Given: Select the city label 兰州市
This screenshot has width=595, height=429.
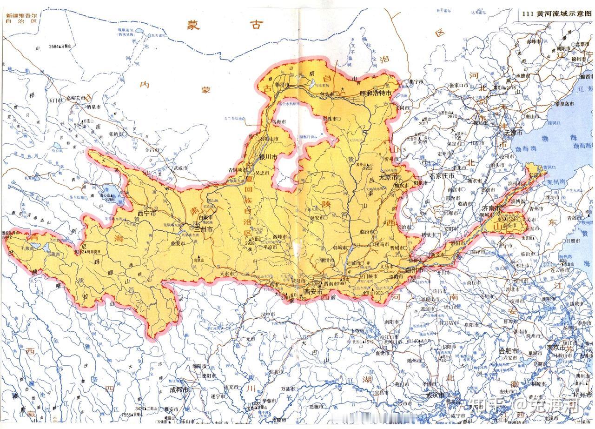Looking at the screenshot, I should pyautogui.click(x=203, y=229).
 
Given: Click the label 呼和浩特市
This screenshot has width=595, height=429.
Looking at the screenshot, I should pyautogui.click(x=376, y=93).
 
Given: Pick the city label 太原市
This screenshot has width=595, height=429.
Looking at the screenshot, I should pyautogui.click(x=390, y=177).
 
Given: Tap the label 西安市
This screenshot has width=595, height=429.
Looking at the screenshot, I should pyautogui.click(x=313, y=291).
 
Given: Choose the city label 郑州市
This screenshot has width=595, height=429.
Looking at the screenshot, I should pyautogui.click(x=413, y=270).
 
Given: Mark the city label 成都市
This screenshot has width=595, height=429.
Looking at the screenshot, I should pyautogui.click(x=179, y=389).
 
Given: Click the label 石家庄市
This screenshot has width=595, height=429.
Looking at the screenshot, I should pyautogui.click(x=442, y=176).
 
